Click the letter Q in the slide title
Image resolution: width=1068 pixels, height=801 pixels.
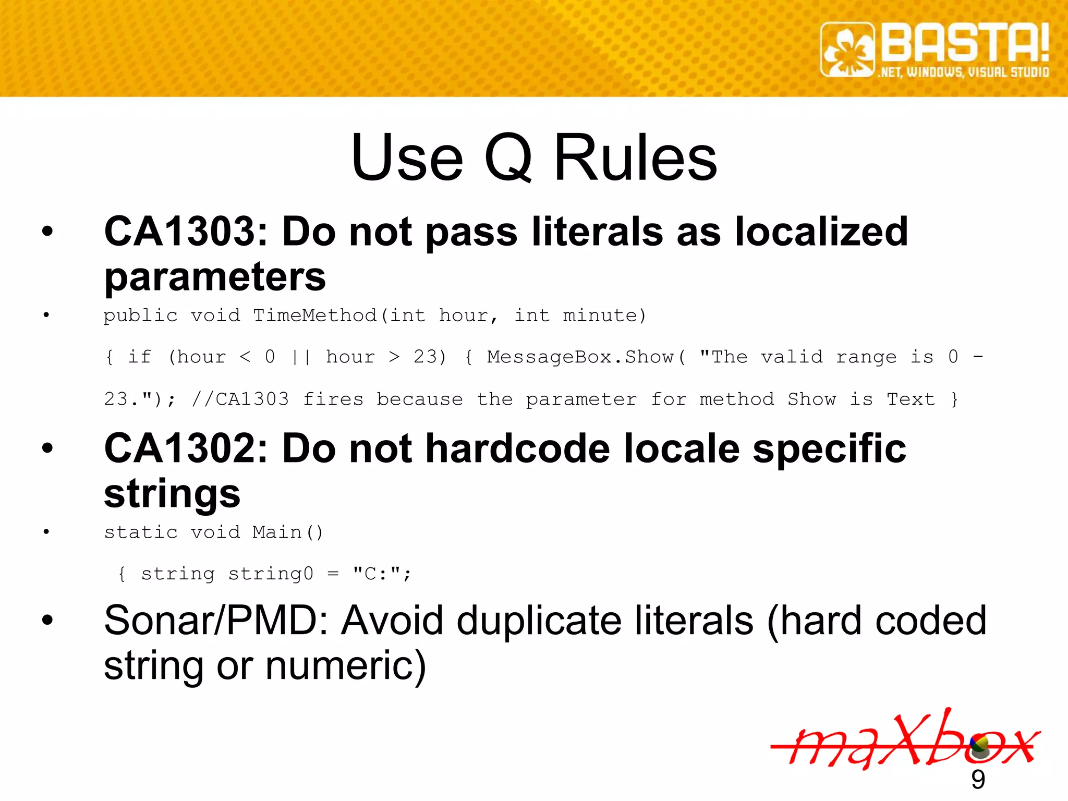point(508,157)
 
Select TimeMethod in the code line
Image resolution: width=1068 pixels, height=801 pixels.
point(314,315)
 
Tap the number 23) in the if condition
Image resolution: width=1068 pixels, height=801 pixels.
point(430,357)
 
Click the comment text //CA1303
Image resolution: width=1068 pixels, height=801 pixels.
point(240,399)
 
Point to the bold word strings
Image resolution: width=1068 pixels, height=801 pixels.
point(172,493)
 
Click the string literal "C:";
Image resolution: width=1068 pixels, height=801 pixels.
point(382,574)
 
